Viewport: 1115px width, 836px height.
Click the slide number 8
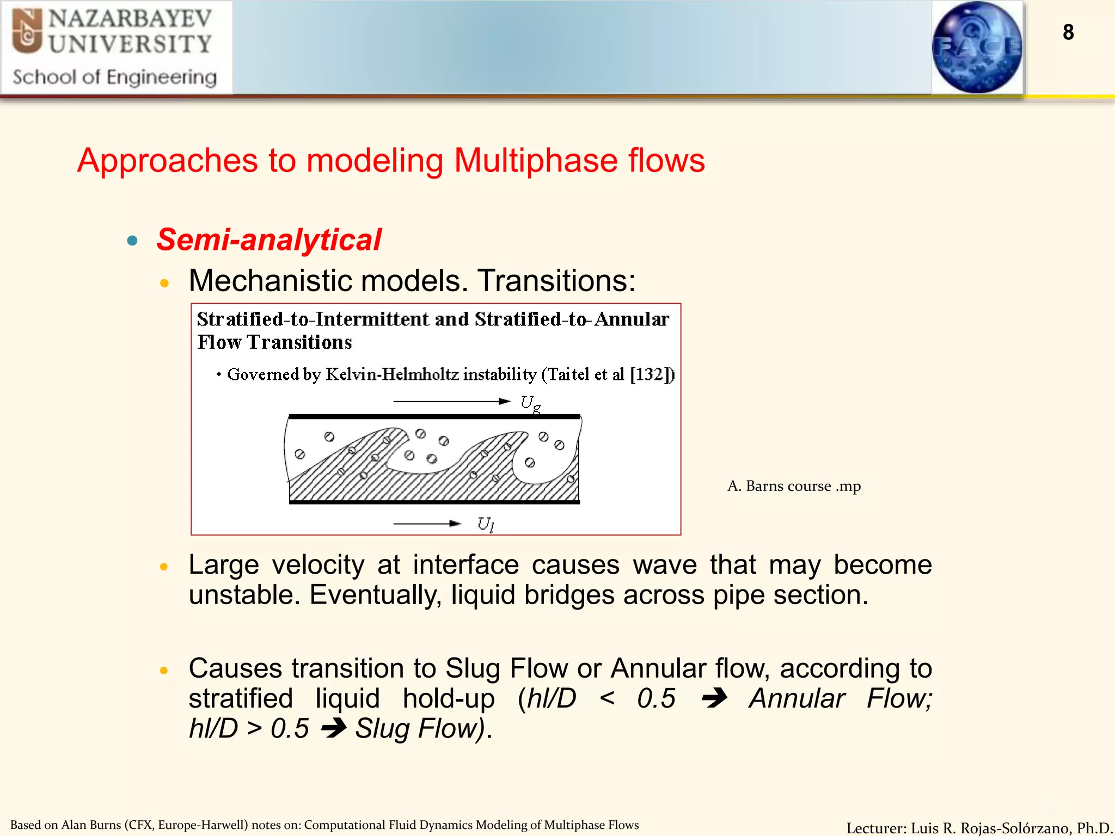(1068, 32)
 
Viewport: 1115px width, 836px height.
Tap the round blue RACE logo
(977, 47)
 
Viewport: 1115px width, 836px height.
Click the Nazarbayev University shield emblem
(27, 31)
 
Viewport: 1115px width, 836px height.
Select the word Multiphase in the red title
(536, 161)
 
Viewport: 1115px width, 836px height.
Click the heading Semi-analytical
(269, 240)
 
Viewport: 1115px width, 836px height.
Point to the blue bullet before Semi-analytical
(132, 241)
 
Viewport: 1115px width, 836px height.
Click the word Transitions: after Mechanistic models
(556, 281)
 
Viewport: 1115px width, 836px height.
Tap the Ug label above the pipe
(530, 403)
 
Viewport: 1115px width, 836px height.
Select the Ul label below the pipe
(485, 524)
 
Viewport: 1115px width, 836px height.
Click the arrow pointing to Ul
(427, 524)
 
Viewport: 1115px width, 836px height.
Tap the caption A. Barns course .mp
(794, 485)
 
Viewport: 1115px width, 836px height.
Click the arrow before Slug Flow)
(333, 728)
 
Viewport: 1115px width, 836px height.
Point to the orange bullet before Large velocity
(164, 567)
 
